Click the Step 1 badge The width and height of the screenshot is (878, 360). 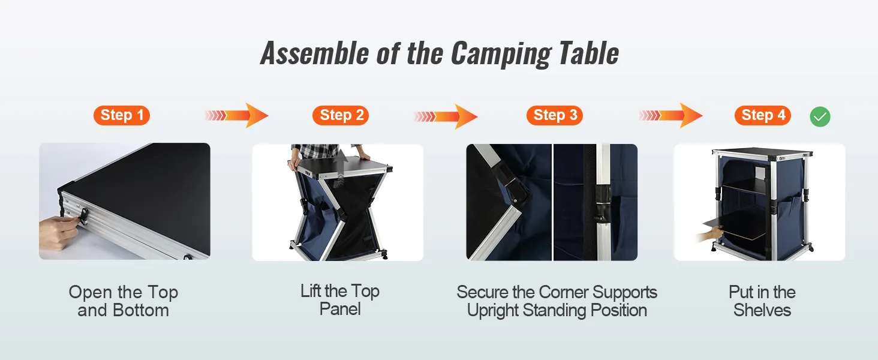122,115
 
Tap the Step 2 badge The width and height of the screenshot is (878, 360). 341,115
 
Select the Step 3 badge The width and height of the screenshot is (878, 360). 555,115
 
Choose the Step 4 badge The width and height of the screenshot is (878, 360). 763,115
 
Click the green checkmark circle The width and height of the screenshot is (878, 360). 820,116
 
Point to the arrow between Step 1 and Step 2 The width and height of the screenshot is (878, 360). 237,115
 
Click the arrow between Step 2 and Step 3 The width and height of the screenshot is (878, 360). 446,116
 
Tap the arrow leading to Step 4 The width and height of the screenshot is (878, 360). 670,115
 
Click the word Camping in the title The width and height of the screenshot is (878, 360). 501,54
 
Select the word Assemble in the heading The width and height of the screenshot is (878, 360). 314,53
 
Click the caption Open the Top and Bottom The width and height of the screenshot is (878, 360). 124,301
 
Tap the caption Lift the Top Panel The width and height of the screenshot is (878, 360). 340,300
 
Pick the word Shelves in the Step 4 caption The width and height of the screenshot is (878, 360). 762,310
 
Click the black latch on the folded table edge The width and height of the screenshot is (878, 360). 83,217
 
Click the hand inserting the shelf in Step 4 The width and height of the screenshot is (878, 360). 709,236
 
